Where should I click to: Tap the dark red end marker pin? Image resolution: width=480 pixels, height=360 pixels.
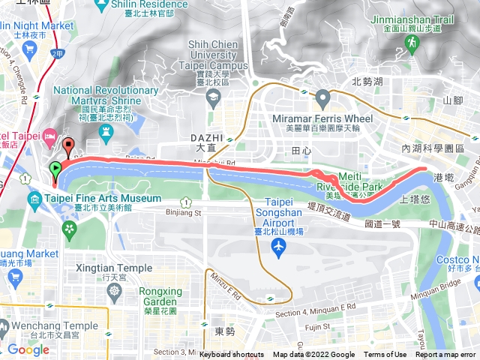69,146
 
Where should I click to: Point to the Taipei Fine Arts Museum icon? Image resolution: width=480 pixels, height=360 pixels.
35,199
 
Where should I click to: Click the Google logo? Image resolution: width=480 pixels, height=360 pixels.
28,349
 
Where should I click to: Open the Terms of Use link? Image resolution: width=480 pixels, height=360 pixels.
385,355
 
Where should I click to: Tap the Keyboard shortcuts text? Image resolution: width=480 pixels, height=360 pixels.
231,355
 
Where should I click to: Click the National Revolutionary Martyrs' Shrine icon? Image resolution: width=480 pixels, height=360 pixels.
105,132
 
